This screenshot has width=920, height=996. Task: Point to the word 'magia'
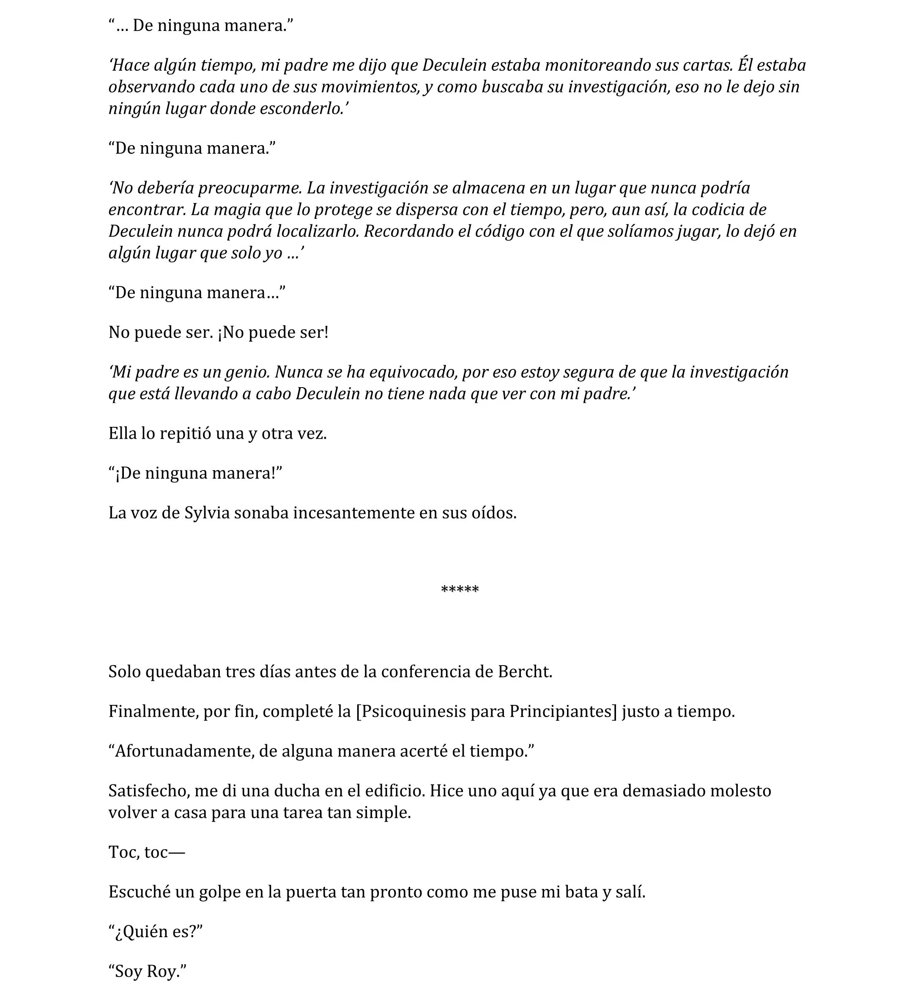tap(238, 210)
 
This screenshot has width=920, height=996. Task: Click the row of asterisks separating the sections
tap(460, 590)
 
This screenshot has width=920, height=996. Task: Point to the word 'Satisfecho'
tap(149, 791)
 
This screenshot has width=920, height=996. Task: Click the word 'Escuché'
tap(140, 892)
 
